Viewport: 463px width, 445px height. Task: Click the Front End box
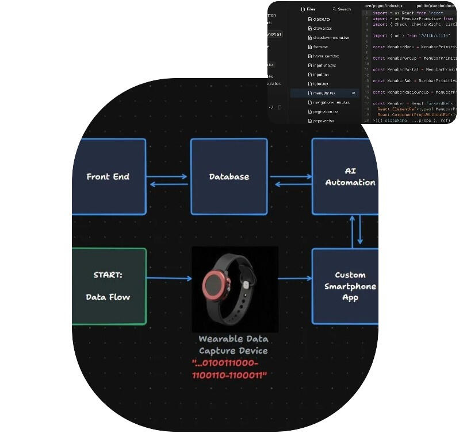(109, 176)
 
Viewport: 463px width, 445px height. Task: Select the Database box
(229, 176)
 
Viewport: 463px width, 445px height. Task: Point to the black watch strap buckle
(245, 285)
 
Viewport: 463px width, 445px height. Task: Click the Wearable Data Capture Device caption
(233, 345)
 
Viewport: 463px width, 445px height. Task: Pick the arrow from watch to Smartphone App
(294, 279)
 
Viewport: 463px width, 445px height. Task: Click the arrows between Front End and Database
(168, 180)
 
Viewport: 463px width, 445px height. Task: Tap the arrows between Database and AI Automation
(290, 180)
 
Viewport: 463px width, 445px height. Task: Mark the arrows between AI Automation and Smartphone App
(356, 231)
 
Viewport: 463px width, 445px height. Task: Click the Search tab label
(344, 9)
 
